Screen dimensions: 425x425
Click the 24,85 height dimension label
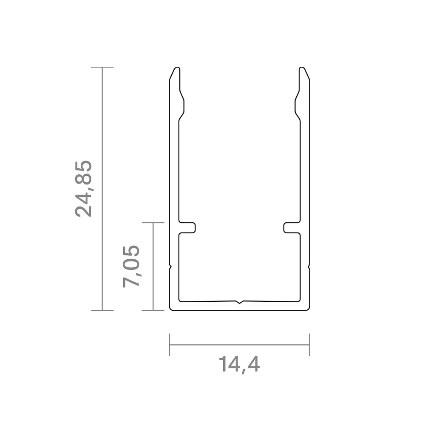click(x=84, y=189)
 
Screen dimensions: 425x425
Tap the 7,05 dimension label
click(x=131, y=266)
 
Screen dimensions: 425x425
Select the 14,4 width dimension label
click(x=239, y=365)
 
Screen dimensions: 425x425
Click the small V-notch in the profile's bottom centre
click(x=239, y=302)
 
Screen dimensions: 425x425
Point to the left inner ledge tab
click(x=187, y=228)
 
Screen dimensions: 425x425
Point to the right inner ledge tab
click(x=292, y=228)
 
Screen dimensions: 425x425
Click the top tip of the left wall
click(x=177, y=67)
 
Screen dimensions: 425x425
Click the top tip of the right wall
click(x=302, y=67)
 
